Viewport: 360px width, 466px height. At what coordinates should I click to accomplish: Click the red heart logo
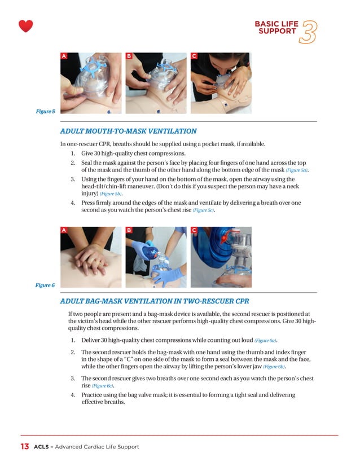pyautogui.click(x=25, y=26)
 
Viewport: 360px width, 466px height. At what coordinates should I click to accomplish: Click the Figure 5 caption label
pyautogui.click(x=45, y=112)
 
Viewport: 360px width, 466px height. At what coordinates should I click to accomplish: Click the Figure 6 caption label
pyautogui.click(x=45, y=285)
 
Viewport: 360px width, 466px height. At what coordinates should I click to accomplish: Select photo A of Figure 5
pyautogui.click(x=91, y=83)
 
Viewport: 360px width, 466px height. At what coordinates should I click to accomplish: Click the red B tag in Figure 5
pyautogui.click(x=129, y=56)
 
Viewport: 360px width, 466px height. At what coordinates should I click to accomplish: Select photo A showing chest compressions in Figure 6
pyautogui.click(x=91, y=257)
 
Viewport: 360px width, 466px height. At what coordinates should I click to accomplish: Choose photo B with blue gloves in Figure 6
pyautogui.click(x=156, y=257)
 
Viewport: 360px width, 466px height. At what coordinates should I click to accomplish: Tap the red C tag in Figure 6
pyautogui.click(x=194, y=230)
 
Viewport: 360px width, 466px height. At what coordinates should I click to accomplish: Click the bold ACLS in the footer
pyautogui.click(x=42, y=447)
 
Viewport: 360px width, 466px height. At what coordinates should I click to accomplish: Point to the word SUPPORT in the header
pyautogui.click(x=277, y=32)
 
